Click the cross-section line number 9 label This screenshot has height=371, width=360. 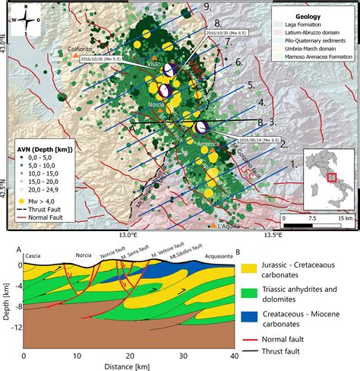(207, 6)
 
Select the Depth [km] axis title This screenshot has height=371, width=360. (5, 300)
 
